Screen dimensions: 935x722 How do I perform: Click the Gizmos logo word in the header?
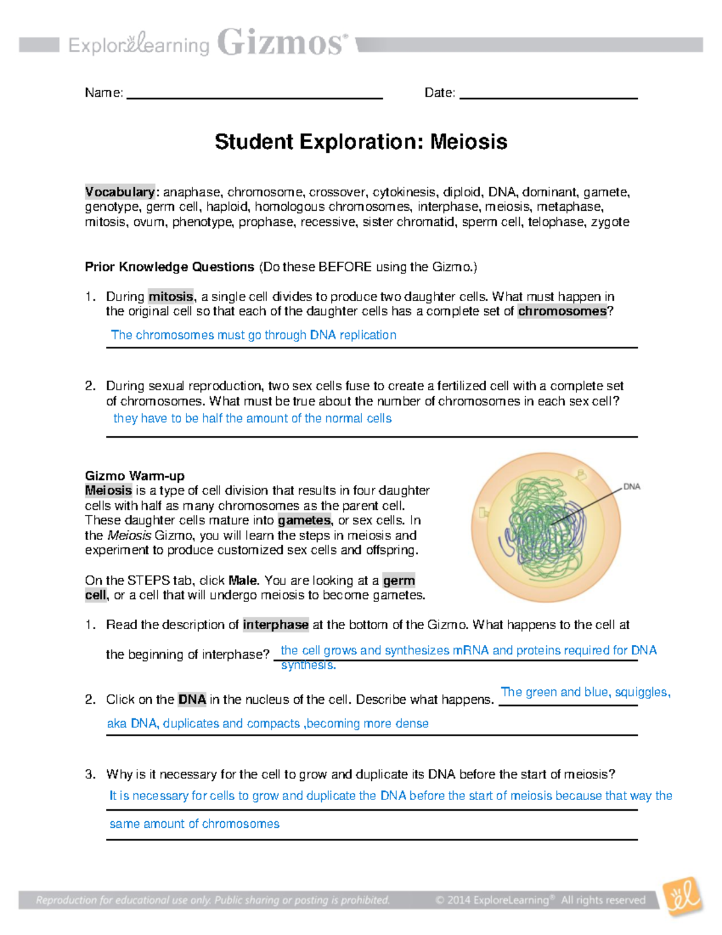pos(282,43)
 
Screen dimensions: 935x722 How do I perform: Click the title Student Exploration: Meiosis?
pos(361,142)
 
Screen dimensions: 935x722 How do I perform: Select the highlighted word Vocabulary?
pos(120,192)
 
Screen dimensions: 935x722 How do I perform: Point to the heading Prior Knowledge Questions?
pos(170,267)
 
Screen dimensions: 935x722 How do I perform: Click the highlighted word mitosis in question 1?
pos(171,296)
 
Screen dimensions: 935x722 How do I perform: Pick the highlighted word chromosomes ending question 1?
pos(562,311)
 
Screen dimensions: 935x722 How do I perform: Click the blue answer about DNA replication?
pos(253,335)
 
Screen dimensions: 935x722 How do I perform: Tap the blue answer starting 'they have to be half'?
pos(252,418)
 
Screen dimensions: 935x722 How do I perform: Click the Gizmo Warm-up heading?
pos(135,476)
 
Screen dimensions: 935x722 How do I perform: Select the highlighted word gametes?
pos(304,520)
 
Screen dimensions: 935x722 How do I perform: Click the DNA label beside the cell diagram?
pos(631,486)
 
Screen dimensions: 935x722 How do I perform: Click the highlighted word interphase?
pos(276,625)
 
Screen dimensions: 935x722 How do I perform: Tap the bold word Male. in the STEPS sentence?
pos(244,580)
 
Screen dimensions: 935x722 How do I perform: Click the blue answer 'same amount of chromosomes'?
pos(194,824)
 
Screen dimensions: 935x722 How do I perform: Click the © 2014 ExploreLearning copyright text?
pos(540,900)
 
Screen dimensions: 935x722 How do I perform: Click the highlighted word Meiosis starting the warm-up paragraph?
pos(108,491)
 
